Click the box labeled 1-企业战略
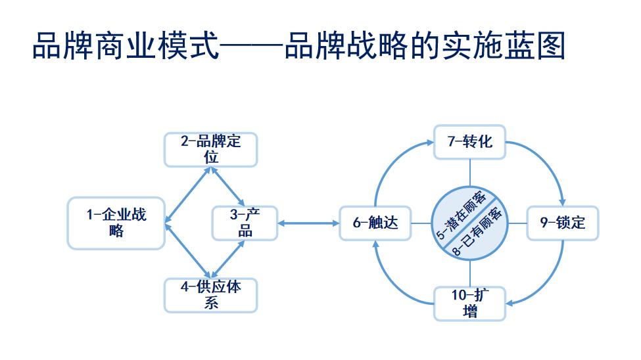point(116,223)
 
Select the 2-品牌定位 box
point(210,150)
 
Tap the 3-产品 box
point(245,223)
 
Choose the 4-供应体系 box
point(210,295)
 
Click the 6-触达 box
point(375,223)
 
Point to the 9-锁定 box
point(563,223)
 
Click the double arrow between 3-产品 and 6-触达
point(308,223)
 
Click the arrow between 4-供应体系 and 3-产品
point(227,259)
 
